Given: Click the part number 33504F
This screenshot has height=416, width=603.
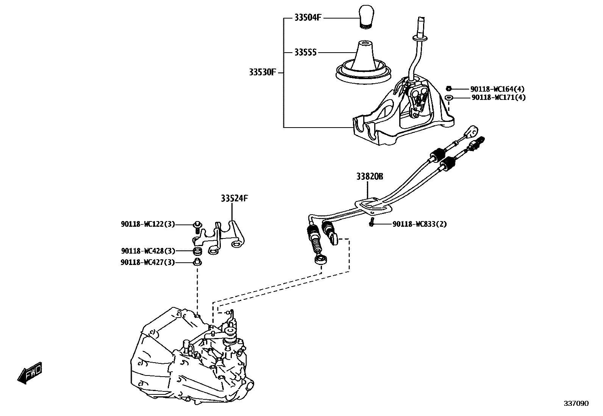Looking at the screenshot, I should (308, 17).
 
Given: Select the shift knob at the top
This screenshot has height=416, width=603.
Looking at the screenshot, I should (366, 16).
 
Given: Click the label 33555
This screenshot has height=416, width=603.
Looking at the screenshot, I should (305, 52).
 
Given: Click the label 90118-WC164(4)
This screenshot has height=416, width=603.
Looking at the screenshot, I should (497, 89).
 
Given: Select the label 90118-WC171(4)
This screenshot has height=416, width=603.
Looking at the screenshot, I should (498, 98).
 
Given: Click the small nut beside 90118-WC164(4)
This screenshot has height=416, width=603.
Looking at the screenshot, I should (448, 89).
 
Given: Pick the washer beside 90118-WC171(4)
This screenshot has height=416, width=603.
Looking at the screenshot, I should (449, 98).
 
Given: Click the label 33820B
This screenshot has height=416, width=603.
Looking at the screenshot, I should (369, 176).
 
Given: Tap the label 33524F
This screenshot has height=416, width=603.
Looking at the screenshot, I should (235, 198).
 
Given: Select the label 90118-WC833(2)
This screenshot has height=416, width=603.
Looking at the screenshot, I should (420, 224).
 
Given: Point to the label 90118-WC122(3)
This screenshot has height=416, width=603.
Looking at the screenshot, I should (148, 224).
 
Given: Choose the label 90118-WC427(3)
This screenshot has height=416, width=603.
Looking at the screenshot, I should (148, 262).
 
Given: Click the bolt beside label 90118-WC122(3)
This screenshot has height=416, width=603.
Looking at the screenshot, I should (197, 226).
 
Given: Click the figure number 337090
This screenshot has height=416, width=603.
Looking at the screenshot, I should (576, 404).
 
